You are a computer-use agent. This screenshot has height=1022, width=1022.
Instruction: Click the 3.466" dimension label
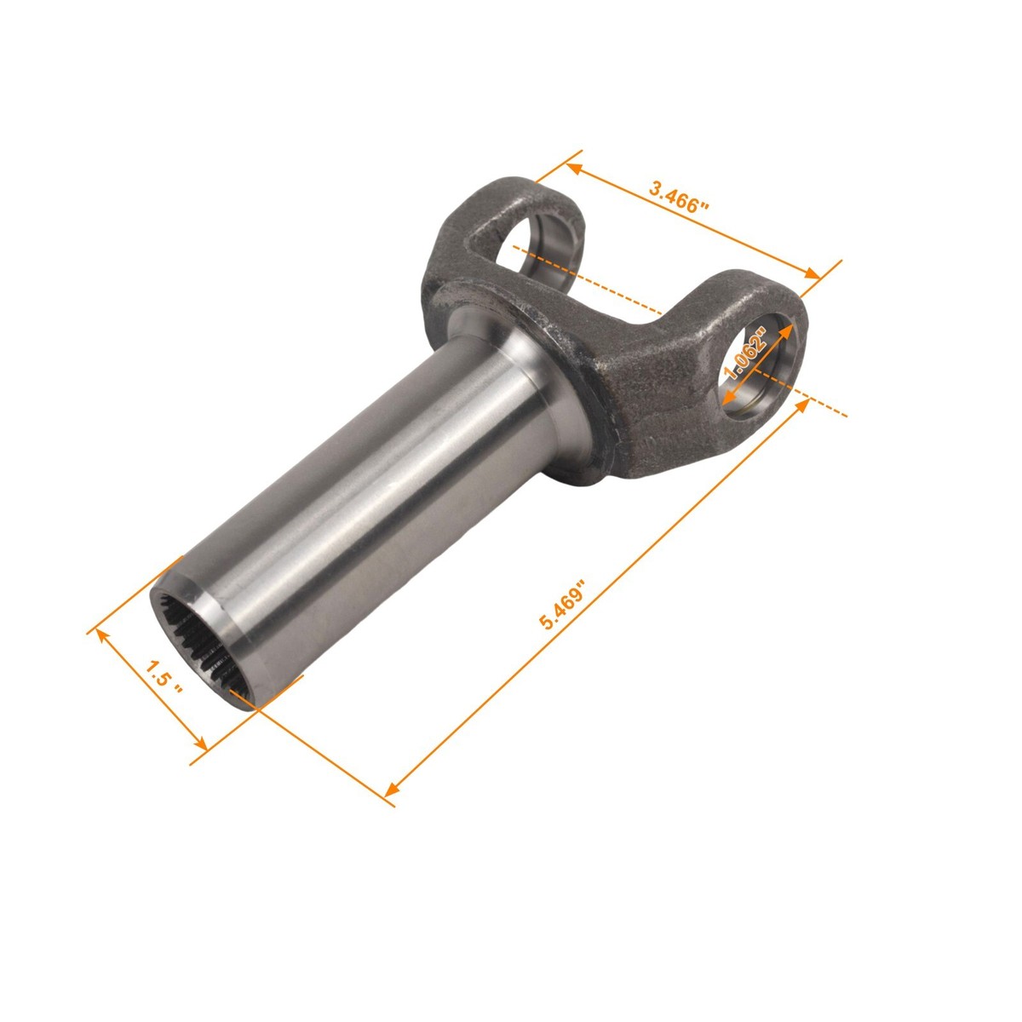[679, 197]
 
